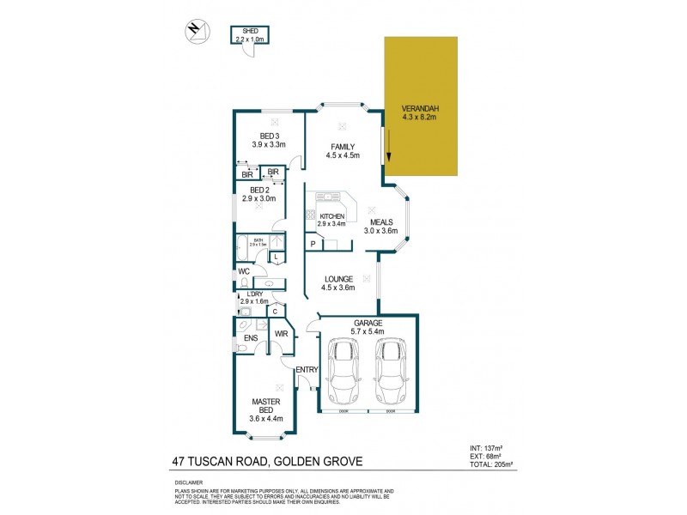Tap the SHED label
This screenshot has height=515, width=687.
pyautogui.click(x=250, y=31)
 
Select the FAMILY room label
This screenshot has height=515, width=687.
pyautogui.click(x=343, y=147)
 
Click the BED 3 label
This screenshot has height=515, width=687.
pyautogui.click(x=270, y=136)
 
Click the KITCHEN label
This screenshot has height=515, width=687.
pyautogui.click(x=331, y=216)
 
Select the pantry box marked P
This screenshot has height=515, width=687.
pyautogui.click(x=313, y=245)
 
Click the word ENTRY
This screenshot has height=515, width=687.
pyautogui.click(x=307, y=370)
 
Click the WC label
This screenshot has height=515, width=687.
pyautogui.click(x=243, y=272)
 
